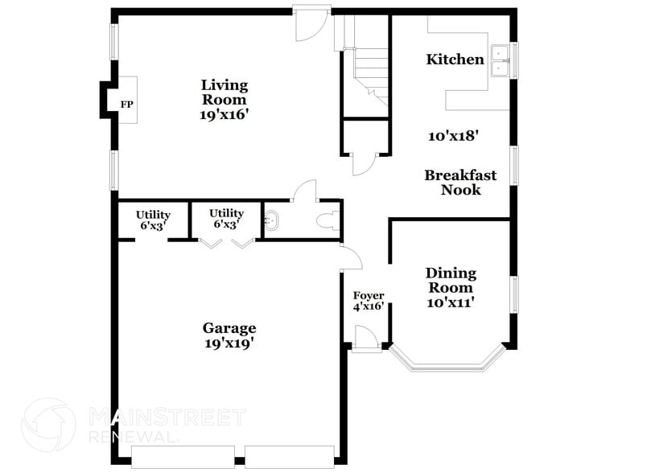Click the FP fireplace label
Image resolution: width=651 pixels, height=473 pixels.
click(126, 105)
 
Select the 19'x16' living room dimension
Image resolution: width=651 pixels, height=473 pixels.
click(225, 115)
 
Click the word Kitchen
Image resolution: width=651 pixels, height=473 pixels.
click(455, 60)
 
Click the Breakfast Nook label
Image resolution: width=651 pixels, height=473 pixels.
click(460, 183)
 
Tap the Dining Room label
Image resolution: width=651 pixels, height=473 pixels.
click(451, 281)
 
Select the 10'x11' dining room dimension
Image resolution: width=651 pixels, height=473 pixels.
click(451, 302)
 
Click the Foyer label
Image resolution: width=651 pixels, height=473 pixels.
click(369, 295)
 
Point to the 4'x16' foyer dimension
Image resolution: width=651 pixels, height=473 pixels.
click(369, 306)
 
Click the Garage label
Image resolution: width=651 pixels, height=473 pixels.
click(229, 328)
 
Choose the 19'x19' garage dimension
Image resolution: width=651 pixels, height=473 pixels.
click(229, 343)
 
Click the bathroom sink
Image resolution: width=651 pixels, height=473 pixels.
click(271, 220)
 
